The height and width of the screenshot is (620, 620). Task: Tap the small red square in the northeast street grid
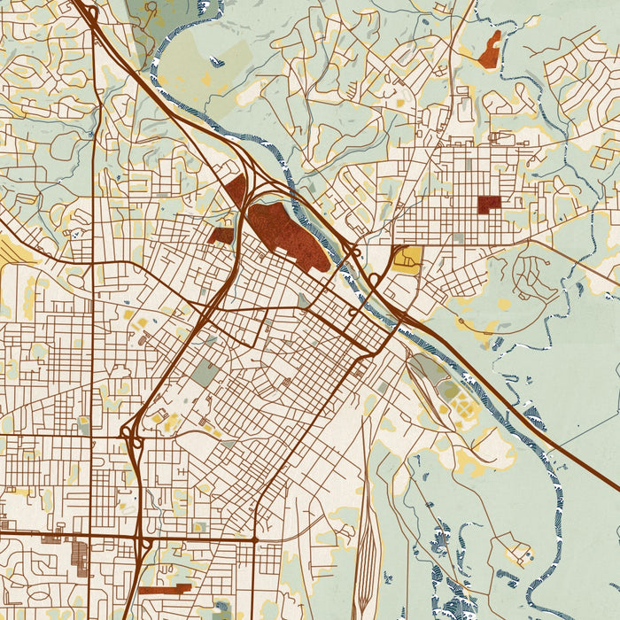(489, 205)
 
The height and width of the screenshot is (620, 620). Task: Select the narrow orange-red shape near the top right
(490, 50)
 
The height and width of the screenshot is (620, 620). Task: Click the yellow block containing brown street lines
(408, 259)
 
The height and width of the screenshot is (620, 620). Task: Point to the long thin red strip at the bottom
(164, 589)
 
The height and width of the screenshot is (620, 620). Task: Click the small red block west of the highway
(221, 236)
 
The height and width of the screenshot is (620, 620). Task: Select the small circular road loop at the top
(151, 11)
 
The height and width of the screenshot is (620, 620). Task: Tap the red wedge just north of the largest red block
(235, 191)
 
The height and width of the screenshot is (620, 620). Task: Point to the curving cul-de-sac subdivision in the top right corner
(576, 66)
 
